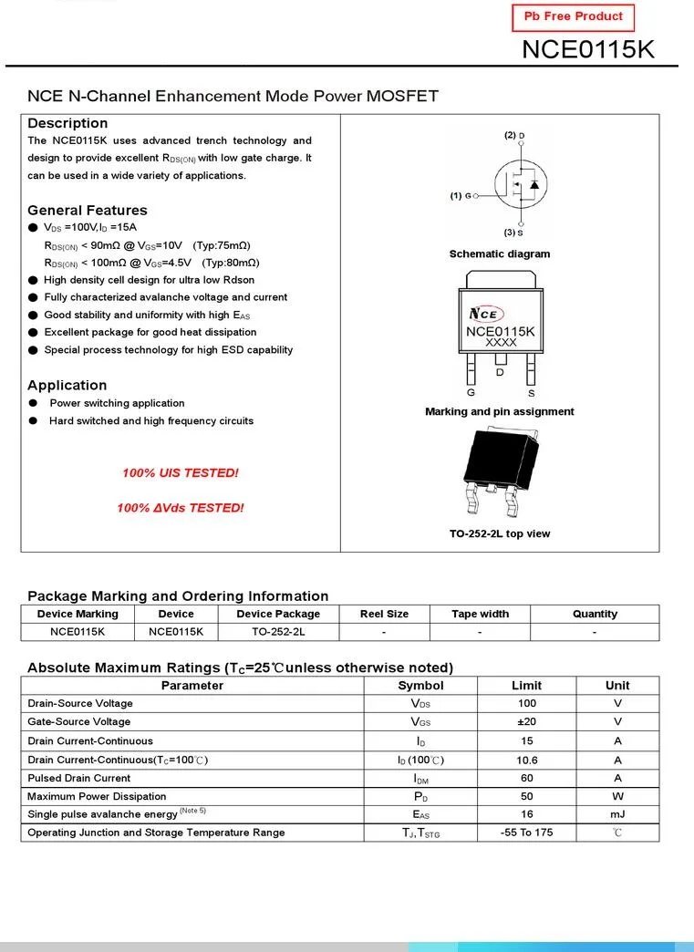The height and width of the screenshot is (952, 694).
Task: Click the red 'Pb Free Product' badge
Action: [574, 17]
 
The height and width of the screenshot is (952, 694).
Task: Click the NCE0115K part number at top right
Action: [587, 49]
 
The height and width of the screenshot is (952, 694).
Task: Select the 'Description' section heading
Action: [67, 123]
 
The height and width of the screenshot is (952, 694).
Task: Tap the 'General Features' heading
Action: [87, 210]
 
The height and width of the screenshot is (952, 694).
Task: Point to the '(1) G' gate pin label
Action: [461, 196]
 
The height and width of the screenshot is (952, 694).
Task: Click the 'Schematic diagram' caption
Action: [500, 254]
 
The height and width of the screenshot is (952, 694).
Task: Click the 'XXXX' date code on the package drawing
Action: [501, 343]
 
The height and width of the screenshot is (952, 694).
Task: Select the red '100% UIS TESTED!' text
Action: [180, 473]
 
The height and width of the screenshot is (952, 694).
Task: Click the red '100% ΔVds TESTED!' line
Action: [180, 508]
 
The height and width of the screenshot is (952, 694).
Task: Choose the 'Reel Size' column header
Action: [384, 614]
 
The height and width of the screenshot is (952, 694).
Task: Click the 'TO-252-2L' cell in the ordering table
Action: [278, 631]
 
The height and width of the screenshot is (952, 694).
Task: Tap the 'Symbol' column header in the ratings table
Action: [420, 686]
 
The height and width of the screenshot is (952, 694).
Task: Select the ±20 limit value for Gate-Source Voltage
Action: [527, 722]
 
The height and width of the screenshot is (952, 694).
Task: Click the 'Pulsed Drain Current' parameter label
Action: [78, 778]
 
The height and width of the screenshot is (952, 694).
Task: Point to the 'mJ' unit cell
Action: [617, 814]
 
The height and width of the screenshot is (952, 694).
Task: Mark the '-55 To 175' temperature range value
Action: [527, 833]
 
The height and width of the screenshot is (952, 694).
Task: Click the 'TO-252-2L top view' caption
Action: [500, 534]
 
